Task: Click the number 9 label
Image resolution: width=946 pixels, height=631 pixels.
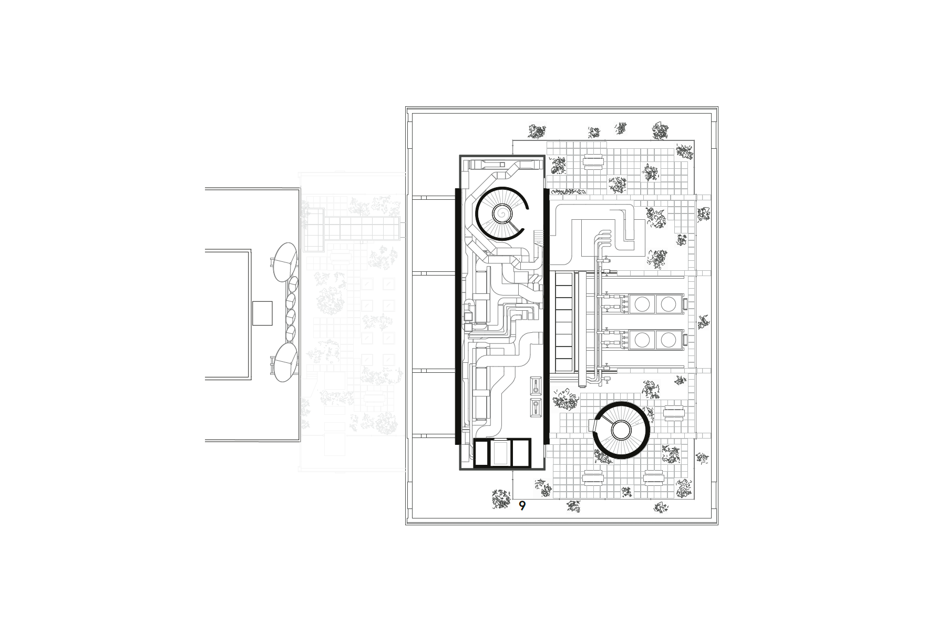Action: (522, 506)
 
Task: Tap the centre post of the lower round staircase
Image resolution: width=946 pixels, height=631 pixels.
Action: (621, 431)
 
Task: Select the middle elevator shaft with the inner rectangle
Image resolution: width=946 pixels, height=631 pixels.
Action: (501, 453)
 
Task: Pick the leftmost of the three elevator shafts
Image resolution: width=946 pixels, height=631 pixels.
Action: (481, 453)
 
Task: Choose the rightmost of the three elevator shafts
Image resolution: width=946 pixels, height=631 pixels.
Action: (520, 453)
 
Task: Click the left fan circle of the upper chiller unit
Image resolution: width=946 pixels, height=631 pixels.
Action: (642, 303)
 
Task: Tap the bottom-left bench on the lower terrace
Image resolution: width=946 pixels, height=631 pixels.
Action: (593, 477)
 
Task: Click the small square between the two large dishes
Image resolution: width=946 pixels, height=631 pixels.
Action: (262, 313)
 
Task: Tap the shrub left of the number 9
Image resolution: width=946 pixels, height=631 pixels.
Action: (501, 498)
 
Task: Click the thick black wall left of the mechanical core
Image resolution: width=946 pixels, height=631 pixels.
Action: (457, 315)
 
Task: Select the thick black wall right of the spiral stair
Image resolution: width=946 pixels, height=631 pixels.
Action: (547, 315)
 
